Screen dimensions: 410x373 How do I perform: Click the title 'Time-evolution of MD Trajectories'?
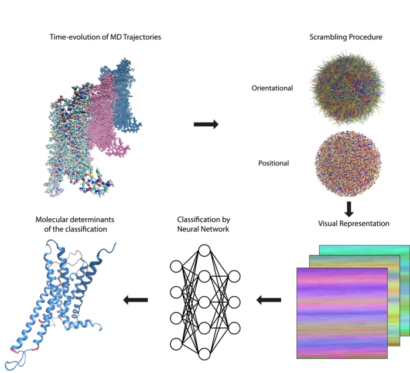[105, 37]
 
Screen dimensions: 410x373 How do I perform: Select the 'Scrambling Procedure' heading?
[346, 37]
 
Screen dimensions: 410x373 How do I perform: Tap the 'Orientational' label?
[272, 89]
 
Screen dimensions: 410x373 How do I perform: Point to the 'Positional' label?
[274, 162]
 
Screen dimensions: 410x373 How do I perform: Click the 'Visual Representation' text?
[354, 223]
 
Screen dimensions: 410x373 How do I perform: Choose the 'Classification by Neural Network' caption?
[204, 223]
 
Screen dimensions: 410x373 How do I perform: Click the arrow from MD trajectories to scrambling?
[206, 124]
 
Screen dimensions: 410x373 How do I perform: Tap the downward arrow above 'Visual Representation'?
[348, 208]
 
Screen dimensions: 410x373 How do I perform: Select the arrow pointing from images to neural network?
[269, 300]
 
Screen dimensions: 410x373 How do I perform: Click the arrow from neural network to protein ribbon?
[135, 300]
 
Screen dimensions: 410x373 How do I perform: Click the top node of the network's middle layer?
[204, 250]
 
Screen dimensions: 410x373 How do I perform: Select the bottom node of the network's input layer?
[176, 344]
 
